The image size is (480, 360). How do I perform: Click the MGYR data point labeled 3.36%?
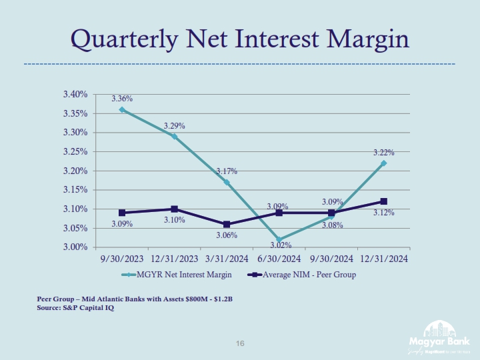[x=122, y=109]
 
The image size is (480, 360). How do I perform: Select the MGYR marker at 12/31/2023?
[x=175, y=136]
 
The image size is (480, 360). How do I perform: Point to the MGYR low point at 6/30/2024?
[x=279, y=239]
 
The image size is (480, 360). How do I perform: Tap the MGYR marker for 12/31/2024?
[x=384, y=163]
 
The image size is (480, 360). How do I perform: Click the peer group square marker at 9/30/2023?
[x=122, y=213]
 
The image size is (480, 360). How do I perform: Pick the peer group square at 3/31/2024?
[x=227, y=225]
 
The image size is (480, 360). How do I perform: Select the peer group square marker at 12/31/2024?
[x=384, y=201]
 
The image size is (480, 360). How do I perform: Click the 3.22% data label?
[x=383, y=153]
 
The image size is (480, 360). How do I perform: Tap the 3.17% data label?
[x=227, y=172]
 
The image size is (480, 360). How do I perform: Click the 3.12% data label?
[x=383, y=213]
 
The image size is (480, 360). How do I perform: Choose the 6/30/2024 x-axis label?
[x=279, y=259]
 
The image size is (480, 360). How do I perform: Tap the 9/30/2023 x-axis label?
[x=122, y=259]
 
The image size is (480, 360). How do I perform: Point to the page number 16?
[x=241, y=343]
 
